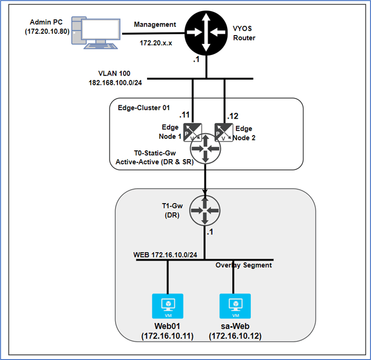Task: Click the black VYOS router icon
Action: click(205, 32)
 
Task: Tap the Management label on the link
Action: click(155, 25)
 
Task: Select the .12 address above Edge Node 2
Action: click(233, 116)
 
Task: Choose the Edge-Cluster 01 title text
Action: click(138, 108)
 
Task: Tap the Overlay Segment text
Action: click(244, 265)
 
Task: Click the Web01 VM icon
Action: click(168, 304)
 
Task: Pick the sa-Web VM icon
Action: click(235, 304)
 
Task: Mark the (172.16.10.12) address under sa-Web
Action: click(235, 336)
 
